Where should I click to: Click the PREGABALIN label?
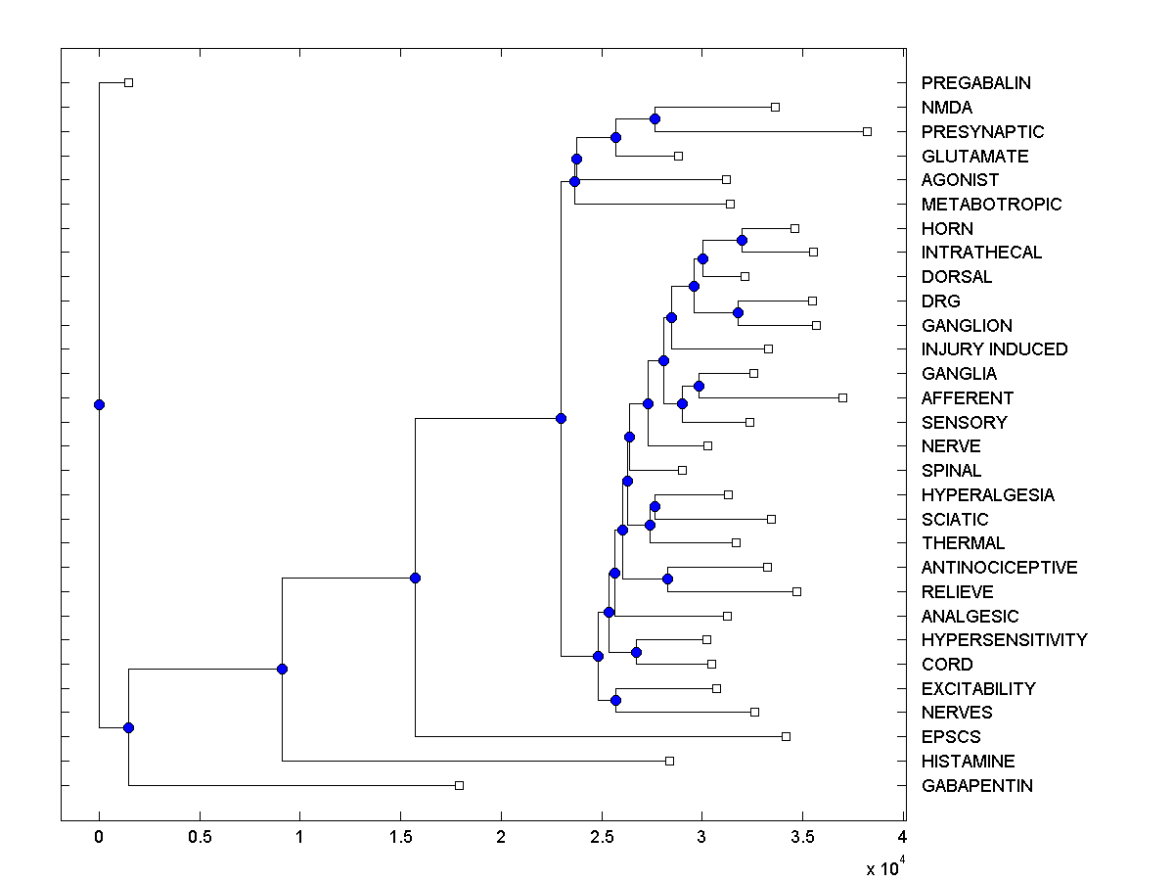point(975,83)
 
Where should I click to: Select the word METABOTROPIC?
point(991,205)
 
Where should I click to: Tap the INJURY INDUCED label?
point(994,349)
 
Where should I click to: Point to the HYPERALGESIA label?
point(987,495)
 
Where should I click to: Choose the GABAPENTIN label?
point(976,786)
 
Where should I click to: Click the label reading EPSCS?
point(950,737)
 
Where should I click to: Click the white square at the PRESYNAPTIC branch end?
point(867,131)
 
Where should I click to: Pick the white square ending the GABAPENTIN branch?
point(459,785)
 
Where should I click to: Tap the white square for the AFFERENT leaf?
point(842,397)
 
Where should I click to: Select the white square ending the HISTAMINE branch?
point(669,761)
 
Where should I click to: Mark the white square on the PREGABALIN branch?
point(128,82)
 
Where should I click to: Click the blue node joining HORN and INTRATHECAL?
point(742,240)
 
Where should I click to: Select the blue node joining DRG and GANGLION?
point(738,312)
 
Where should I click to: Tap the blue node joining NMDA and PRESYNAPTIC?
point(655,118)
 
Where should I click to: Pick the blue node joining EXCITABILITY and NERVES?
point(615,700)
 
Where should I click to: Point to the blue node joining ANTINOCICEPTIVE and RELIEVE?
point(667,579)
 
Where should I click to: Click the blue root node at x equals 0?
point(99,404)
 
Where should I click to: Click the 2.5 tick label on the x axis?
point(601,838)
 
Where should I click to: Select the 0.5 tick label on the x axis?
point(200,838)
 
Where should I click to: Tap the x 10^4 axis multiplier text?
point(885,866)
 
